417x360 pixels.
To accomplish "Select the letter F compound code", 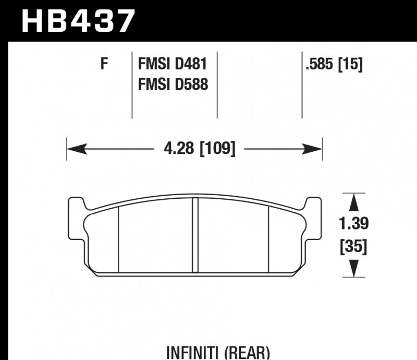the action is [104, 64].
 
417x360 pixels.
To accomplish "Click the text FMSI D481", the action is [173, 64].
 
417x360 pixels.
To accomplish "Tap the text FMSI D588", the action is [173, 84].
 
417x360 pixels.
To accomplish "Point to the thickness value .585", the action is [320, 64].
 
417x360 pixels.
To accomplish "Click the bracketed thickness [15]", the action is [350, 64].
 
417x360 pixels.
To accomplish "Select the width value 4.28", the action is [179, 148].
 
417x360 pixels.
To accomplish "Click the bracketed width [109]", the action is [217, 149].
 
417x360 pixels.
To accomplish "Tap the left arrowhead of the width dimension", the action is [77, 149].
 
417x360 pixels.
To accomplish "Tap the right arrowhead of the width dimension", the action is [312, 149].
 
